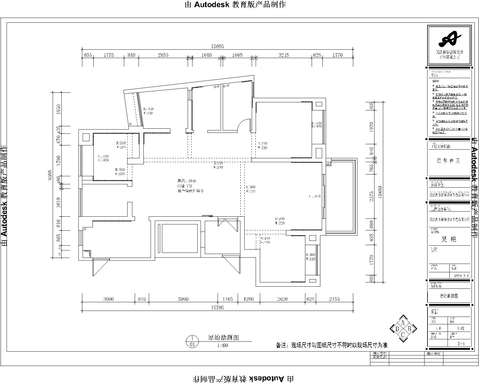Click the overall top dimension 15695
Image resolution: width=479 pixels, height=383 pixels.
click(218, 46)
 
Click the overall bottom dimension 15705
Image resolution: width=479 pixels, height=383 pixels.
click(217, 307)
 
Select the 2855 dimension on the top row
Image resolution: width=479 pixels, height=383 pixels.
click(163, 55)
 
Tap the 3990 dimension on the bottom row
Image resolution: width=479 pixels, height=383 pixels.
click(183, 299)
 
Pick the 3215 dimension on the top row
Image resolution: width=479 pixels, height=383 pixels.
click(284, 55)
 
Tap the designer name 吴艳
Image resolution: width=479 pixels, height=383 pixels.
click(449, 239)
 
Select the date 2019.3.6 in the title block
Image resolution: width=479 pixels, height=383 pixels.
click(461, 276)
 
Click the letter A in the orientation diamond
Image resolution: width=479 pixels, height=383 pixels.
click(403, 323)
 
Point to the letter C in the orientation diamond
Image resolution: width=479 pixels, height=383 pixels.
click(403, 335)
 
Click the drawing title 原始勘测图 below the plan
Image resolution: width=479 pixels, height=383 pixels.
click(223, 338)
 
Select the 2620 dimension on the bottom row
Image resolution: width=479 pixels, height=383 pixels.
click(282, 299)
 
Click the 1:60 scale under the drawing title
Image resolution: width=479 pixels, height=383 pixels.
click(222, 345)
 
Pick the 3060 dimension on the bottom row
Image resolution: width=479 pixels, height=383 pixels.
click(108, 299)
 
